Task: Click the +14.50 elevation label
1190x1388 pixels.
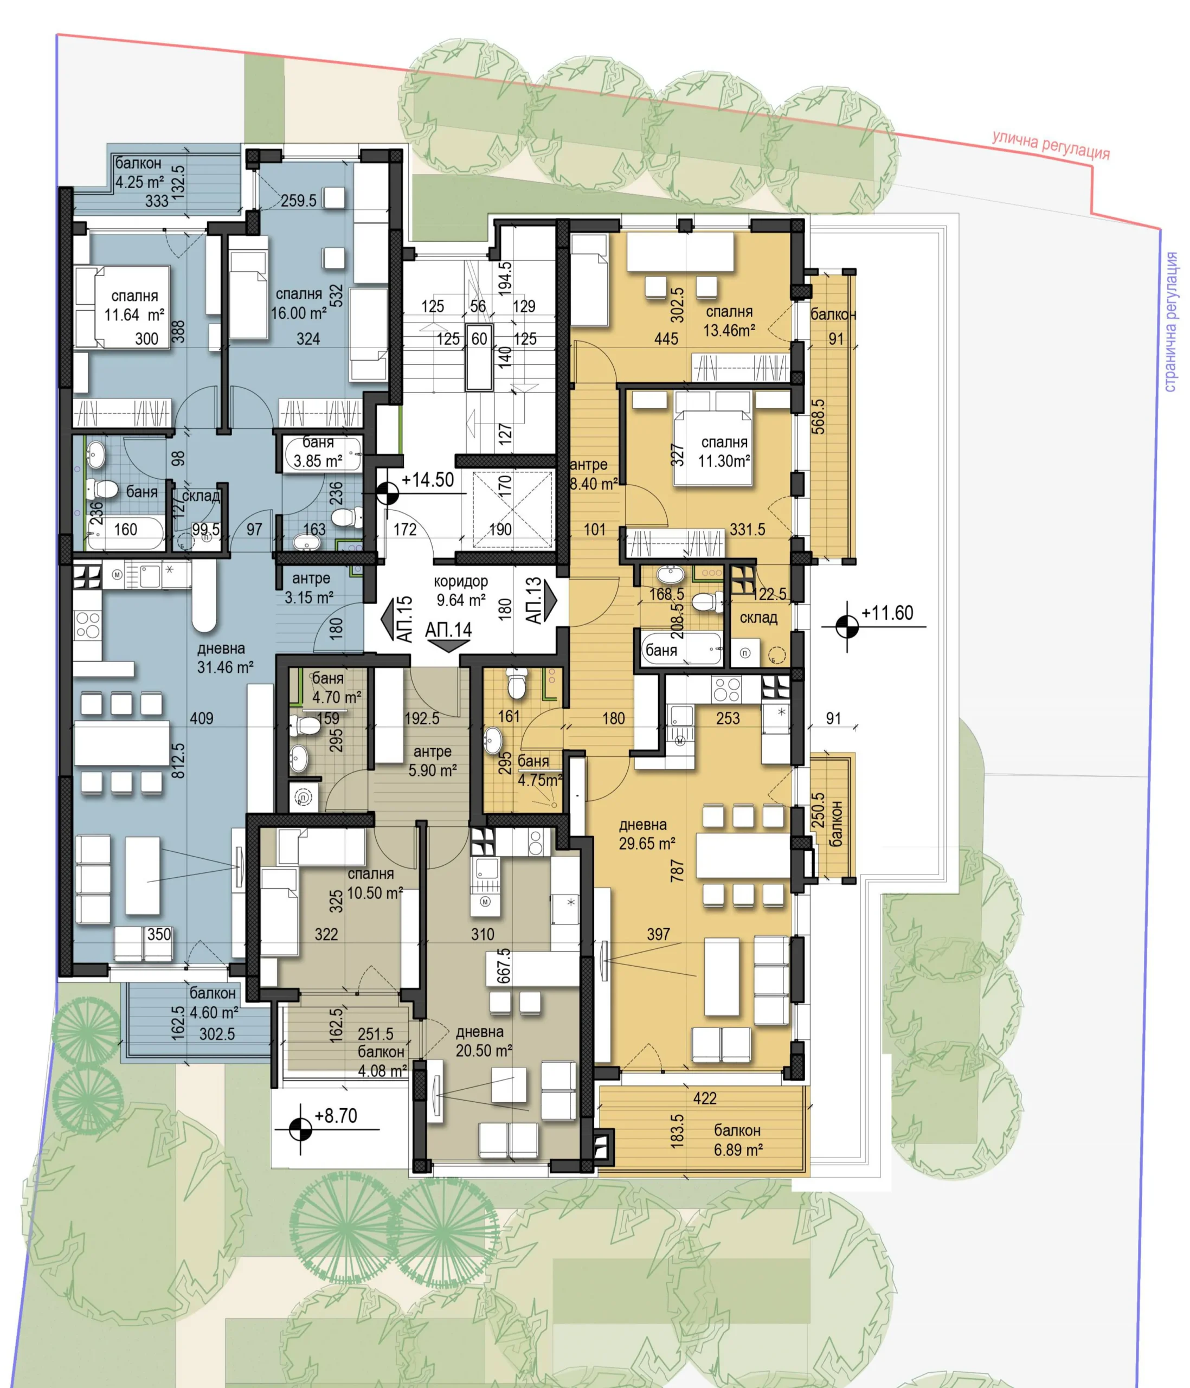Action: pyautogui.click(x=427, y=480)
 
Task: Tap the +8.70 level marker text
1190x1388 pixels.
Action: pyautogui.click(x=336, y=1116)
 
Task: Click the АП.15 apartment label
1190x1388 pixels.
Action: pyautogui.click(x=405, y=620)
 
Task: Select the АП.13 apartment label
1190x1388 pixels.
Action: pyautogui.click(x=533, y=600)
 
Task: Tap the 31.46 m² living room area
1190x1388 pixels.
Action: pyautogui.click(x=225, y=667)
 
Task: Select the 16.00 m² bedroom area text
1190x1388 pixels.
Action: pyautogui.click(x=299, y=313)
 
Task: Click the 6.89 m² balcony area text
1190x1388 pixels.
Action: pyautogui.click(x=737, y=1149)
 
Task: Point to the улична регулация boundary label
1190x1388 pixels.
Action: pyautogui.click(x=1051, y=145)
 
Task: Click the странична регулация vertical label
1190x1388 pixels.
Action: pyautogui.click(x=1171, y=322)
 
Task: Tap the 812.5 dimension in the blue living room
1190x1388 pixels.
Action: pyautogui.click(x=179, y=760)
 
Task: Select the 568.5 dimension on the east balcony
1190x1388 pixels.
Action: pyautogui.click(x=818, y=416)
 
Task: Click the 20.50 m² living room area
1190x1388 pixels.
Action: pyautogui.click(x=484, y=1050)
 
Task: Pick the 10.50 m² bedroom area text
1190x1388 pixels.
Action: pyautogui.click(x=375, y=893)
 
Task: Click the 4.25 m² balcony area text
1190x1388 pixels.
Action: pyautogui.click(x=139, y=182)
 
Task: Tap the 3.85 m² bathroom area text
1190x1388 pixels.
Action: pyautogui.click(x=318, y=461)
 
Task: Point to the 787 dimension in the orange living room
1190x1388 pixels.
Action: pyautogui.click(x=678, y=870)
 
